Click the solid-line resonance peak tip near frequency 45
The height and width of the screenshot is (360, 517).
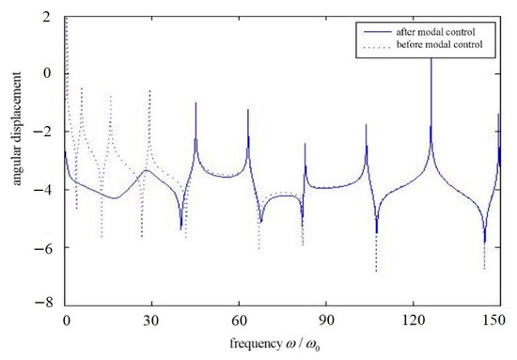pyautogui.click(x=196, y=102)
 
